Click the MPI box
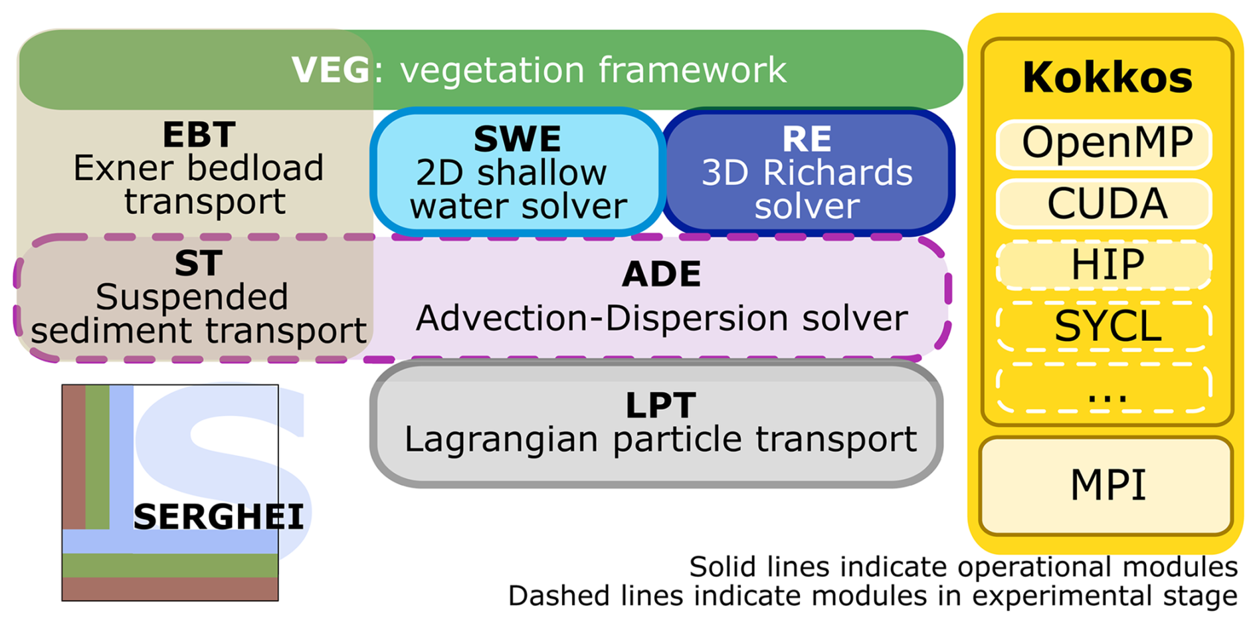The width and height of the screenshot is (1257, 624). pos(1108,485)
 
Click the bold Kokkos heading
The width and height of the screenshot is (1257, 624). pos(1108,78)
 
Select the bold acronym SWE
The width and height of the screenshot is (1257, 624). pos(517,139)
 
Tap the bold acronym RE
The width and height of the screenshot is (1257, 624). pos(807,139)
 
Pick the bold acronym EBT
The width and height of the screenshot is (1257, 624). pos(199,136)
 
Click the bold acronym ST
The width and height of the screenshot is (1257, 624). pos(198,264)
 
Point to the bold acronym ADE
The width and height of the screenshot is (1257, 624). pos(661,274)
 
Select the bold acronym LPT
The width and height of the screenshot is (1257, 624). pos(660,405)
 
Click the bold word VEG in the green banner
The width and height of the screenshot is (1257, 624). pos(330,70)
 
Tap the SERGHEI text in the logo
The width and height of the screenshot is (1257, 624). pos(219,517)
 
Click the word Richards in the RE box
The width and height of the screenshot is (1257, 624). pos(838,173)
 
